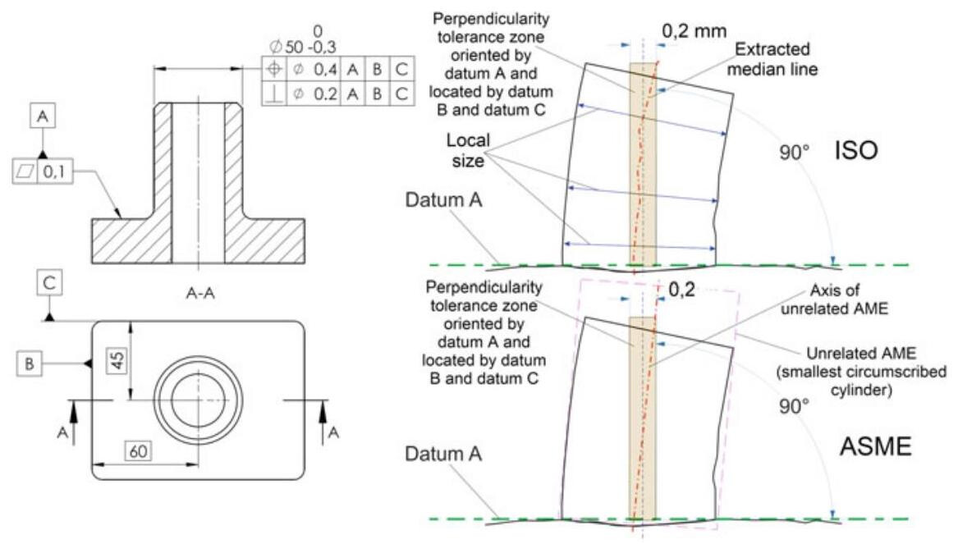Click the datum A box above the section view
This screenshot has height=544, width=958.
click(43, 117)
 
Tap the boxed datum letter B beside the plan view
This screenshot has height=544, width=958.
click(28, 362)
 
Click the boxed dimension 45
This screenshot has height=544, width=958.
click(117, 358)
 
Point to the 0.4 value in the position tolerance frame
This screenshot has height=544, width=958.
click(323, 69)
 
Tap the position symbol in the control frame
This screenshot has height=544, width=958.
click(273, 69)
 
